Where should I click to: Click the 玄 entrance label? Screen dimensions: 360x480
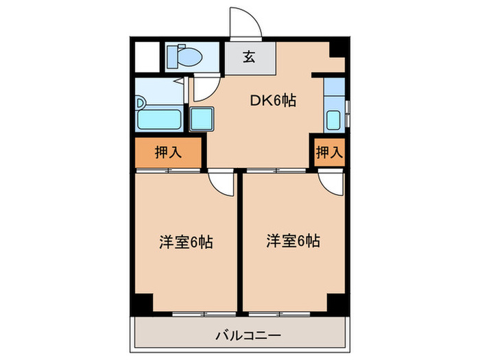tap(250, 58)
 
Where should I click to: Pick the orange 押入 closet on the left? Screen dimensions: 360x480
tap(168, 152)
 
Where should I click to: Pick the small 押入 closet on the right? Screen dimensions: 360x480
tap(329, 152)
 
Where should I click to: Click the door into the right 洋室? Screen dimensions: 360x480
tap(329, 182)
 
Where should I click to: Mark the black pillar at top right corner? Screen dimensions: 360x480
tap(336, 49)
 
